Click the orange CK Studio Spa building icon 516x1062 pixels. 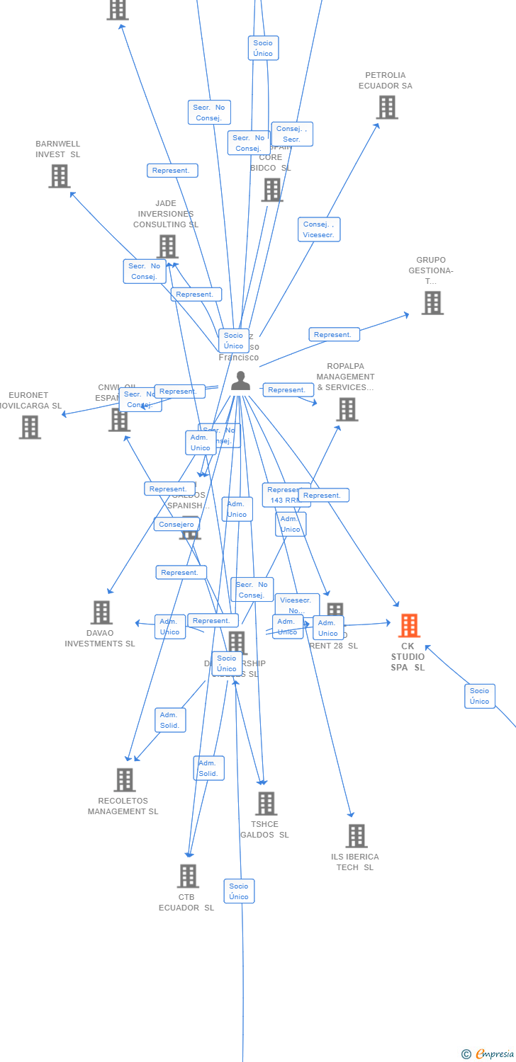[409, 626]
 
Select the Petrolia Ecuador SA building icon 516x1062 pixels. [387, 108]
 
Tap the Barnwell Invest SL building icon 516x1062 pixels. [60, 176]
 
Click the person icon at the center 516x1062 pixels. [241, 381]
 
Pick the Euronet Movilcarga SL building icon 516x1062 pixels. [30, 428]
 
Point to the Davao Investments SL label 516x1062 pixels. [100, 639]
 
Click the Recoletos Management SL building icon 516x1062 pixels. [125, 780]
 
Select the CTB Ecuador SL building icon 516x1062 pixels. [188, 877]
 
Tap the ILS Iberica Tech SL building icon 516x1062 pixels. [357, 836]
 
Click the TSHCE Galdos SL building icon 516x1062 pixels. [266, 804]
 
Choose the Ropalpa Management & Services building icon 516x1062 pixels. [347, 409]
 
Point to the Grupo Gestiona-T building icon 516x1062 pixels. [432, 303]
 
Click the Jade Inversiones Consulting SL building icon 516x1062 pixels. [167, 247]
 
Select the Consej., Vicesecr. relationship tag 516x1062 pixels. [319, 229]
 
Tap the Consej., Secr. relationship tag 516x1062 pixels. [292, 134]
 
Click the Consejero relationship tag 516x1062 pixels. [176, 524]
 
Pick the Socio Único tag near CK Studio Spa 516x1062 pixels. [480, 696]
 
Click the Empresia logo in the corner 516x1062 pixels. [488, 1054]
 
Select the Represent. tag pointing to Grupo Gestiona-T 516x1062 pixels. [334, 334]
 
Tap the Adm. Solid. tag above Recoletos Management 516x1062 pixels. [170, 720]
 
